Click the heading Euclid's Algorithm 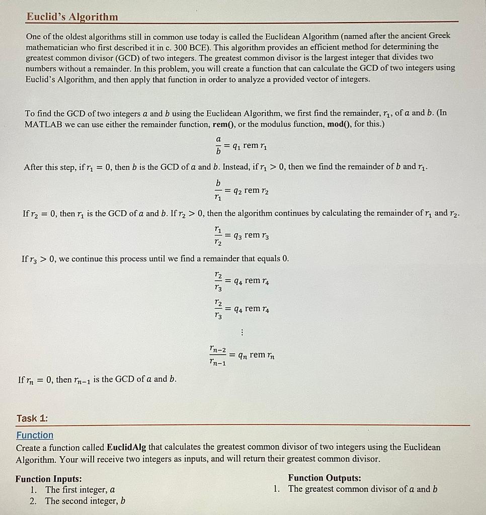(72, 17)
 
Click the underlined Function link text (35, 435)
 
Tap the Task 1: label (32, 418)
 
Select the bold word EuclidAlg (128, 447)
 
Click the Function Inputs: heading (49, 479)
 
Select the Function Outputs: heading (325, 478)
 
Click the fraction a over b (218, 145)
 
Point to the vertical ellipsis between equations (242, 332)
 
